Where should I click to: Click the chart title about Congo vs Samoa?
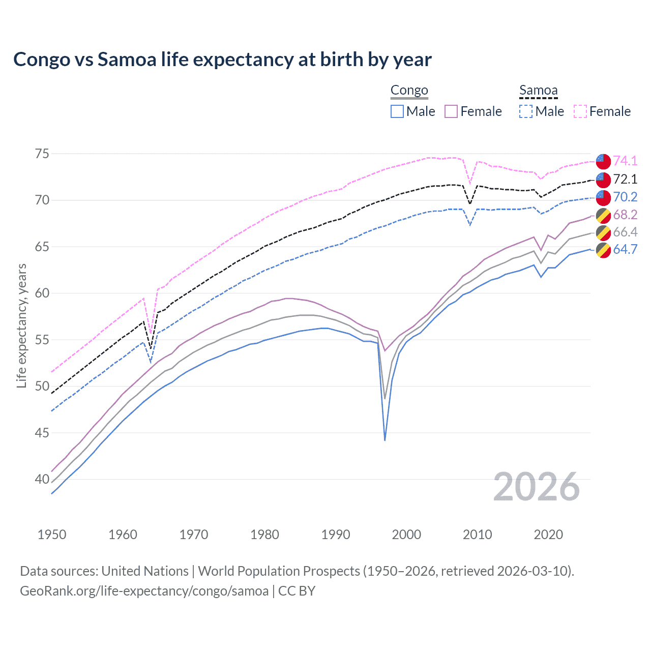[x=222, y=60]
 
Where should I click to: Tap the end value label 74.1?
[x=625, y=161]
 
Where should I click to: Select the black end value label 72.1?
[x=625, y=179]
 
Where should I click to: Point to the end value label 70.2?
[x=625, y=197]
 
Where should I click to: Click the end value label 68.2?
[x=625, y=215]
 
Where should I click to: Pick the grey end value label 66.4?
[x=625, y=232]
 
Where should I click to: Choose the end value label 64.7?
[x=625, y=249]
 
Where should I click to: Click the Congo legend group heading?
[x=409, y=91]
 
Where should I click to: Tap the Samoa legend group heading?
[x=538, y=91]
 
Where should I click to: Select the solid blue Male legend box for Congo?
[x=397, y=111]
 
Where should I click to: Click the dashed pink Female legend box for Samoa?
[x=580, y=111]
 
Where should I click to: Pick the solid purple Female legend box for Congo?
[x=451, y=111]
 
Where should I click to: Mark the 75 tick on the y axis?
[x=42, y=154]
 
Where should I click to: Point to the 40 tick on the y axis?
[x=42, y=479]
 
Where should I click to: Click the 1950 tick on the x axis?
[x=52, y=535]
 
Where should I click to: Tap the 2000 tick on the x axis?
[x=406, y=535]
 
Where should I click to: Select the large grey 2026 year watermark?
[x=537, y=487]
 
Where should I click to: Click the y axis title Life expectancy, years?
[x=21, y=325]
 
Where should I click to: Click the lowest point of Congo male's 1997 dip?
[x=385, y=440]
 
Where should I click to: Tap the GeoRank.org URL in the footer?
[x=144, y=591]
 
